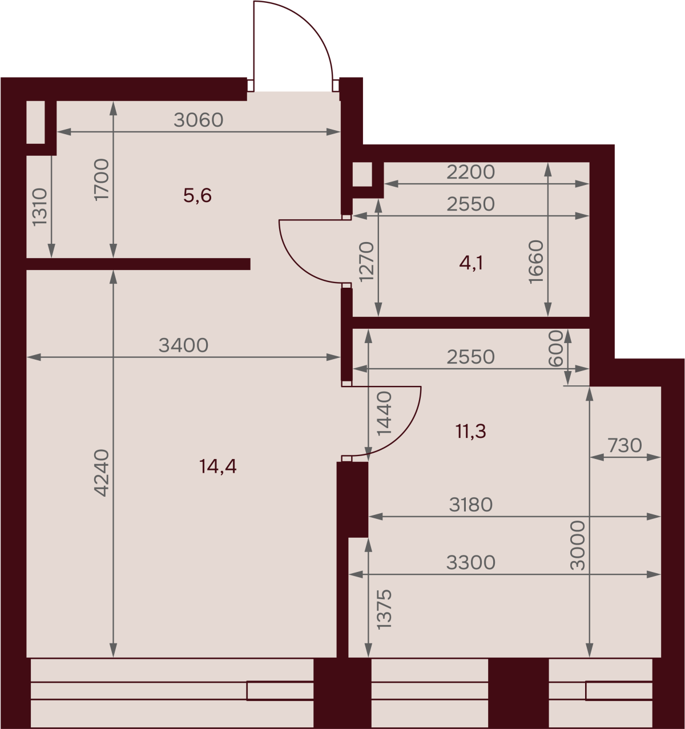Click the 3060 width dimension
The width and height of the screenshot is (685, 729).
(198, 120)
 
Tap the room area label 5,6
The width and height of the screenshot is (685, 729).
(198, 195)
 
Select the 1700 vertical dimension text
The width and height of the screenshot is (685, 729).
(102, 179)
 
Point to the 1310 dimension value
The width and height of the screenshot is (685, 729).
(40, 207)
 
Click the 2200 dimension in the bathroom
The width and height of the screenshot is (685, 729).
(470, 172)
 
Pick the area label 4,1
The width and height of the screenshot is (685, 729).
(471, 263)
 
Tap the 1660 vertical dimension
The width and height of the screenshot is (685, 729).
(536, 261)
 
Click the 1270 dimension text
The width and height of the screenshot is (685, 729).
(366, 261)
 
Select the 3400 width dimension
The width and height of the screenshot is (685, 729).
(184, 345)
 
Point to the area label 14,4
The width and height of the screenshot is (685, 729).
(217, 466)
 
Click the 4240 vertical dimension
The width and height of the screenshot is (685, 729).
(102, 473)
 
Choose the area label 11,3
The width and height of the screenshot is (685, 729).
(471, 432)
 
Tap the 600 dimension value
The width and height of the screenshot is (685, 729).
(555, 348)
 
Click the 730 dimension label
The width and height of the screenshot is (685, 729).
(625, 445)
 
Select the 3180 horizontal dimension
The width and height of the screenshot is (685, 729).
(470, 505)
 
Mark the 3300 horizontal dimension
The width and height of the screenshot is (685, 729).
(470, 562)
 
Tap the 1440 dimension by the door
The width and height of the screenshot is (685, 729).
(384, 413)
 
